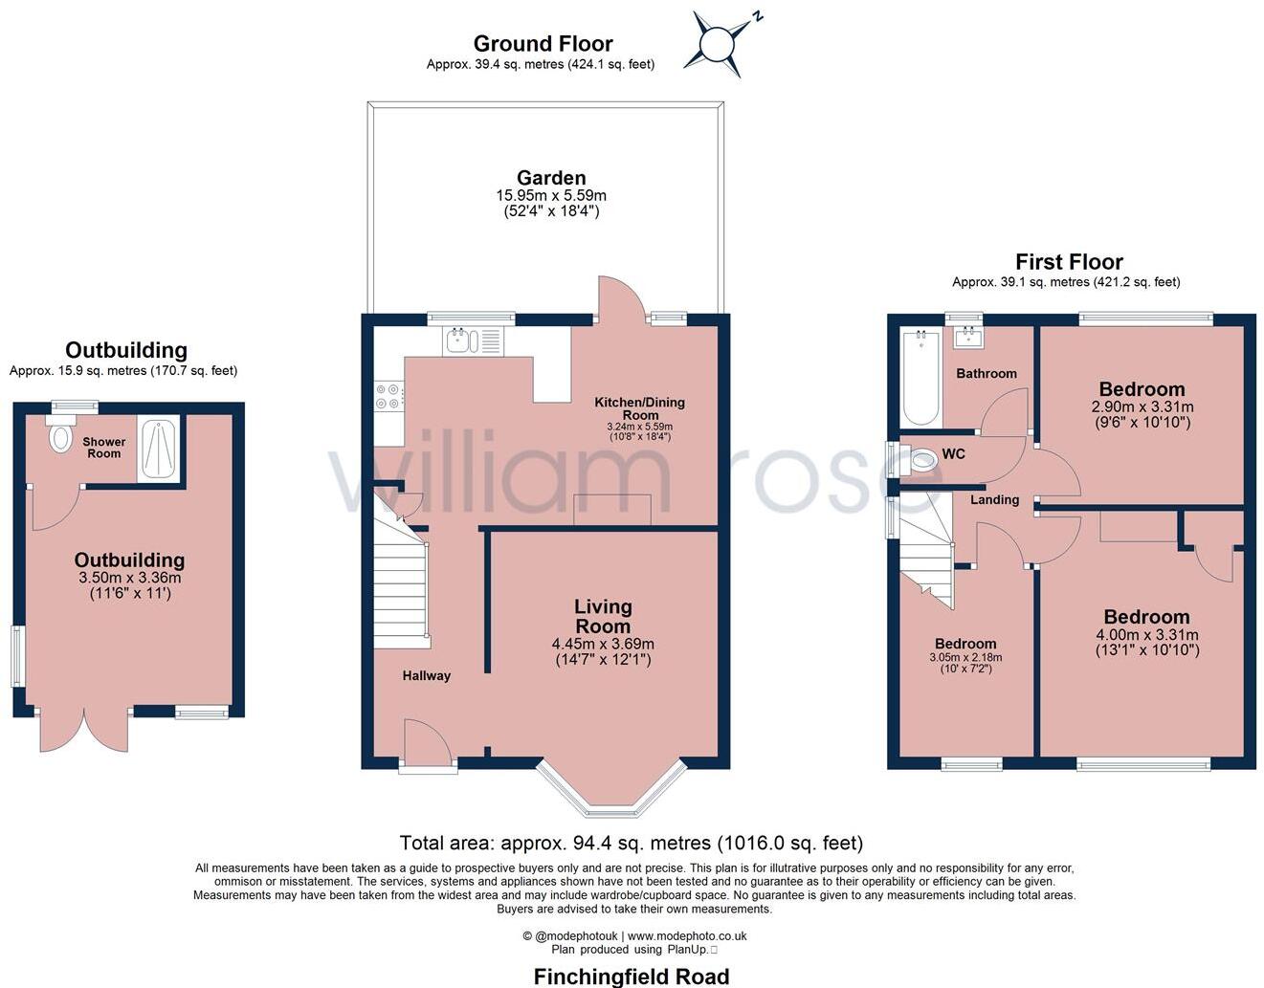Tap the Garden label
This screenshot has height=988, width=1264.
point(551,178)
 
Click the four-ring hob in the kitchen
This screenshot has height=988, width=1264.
point(389,397)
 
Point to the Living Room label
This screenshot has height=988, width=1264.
point(603,616)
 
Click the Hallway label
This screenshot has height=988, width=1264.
point(426,676)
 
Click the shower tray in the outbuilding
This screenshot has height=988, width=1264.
point(159,448)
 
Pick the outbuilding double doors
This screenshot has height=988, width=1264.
point(84,731)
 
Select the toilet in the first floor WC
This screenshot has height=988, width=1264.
point(920,460)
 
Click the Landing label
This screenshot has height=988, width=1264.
point(995,500)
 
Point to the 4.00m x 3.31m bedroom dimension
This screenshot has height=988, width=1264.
point(1146,635)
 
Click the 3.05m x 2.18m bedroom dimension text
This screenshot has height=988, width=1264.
point(965,658)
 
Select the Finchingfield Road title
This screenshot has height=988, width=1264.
point(632,977)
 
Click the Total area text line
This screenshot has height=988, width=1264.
point(632,843)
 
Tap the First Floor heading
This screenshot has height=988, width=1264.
point(1069,262)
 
